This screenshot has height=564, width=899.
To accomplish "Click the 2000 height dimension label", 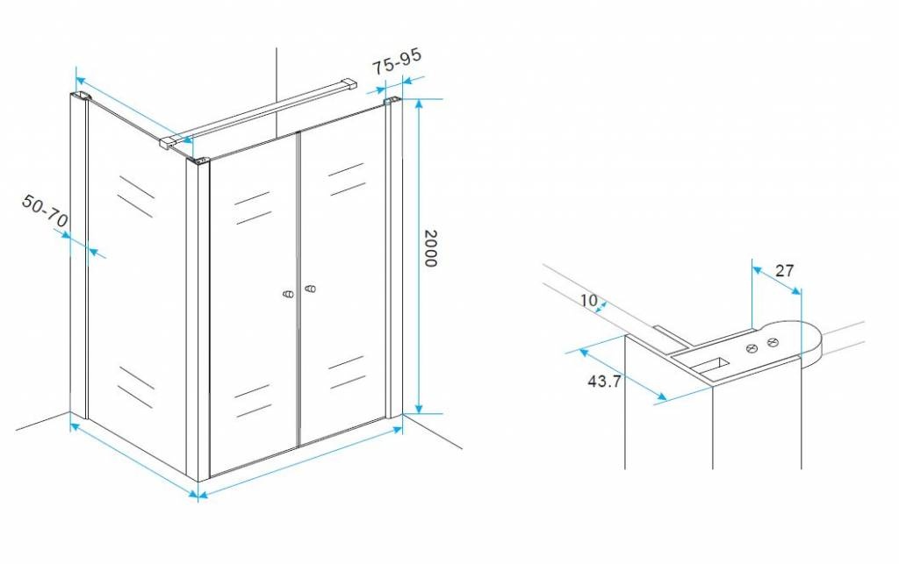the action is (430, 248).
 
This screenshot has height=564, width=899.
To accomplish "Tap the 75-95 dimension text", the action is (397, 61).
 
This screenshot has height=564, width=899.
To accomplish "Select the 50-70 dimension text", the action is (46, 210).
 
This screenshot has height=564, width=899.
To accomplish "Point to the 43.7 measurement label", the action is (604, 381).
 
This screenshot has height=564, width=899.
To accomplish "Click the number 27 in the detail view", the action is (784, 270).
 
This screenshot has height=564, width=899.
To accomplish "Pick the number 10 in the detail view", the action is (589, 300).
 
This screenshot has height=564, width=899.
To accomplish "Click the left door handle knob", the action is (289, 294).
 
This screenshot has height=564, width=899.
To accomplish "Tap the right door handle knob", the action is (310, 288).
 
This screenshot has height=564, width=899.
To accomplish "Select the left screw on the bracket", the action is (752, 348).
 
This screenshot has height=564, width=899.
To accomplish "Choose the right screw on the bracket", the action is (773, 343).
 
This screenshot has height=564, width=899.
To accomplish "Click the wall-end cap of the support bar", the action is (349, 84).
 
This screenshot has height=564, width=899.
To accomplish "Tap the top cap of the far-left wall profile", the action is (81, 96).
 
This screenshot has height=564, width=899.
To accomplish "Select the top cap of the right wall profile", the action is (392, 102).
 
